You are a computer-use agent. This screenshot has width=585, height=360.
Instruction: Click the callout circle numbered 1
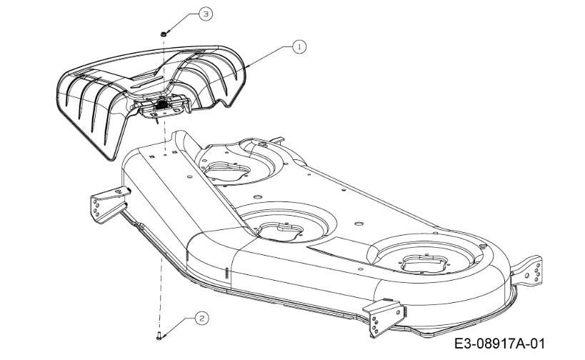point(299,47)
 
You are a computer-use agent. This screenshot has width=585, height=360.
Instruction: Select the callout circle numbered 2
point(202,319)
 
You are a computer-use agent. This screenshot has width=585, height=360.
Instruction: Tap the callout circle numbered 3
point(206,14)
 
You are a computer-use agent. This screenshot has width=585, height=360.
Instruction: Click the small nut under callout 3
point(163,34)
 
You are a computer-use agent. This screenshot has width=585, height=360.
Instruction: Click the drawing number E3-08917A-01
point(499,344)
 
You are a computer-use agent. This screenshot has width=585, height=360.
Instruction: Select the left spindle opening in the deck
point(226,170)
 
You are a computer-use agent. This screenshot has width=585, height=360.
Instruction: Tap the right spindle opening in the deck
point(424,264)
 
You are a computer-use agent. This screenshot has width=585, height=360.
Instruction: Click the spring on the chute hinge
point(161,104)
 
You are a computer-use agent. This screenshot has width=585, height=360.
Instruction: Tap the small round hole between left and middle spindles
point(256,196)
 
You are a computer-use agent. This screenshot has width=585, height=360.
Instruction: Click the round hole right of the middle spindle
point(359,224)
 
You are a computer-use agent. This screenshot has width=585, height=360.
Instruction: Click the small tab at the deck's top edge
point(278,140)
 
